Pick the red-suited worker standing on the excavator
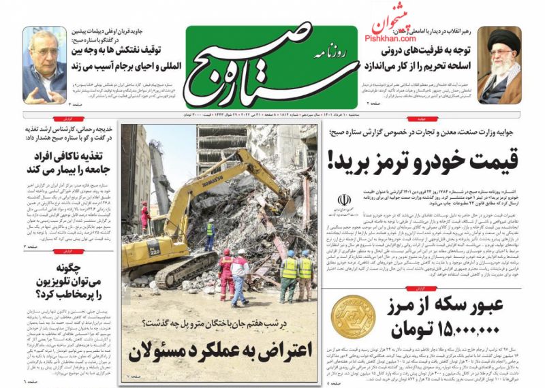click(144, 216)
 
